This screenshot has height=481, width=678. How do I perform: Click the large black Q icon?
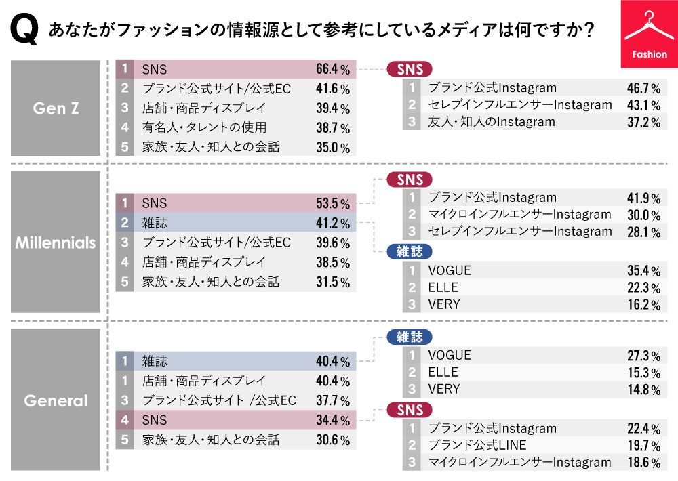point(23,30)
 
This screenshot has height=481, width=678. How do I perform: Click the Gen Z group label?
point(56,108)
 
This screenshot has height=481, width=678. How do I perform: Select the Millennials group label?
point(56,243)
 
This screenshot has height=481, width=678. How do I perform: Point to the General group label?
point(56,400)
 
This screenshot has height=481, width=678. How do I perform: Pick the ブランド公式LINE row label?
point(477,445)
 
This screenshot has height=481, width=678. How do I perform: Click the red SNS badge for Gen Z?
point(410,69)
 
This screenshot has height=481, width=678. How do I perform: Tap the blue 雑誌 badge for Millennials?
point(410,251)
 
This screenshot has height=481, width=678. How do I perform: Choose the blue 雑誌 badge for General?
point(410,337)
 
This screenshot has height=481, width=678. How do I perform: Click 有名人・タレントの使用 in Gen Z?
point(204,127)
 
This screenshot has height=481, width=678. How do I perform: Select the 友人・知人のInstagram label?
point(492,122)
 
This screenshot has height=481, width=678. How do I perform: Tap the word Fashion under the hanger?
point(650,54)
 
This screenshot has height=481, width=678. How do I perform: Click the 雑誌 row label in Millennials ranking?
point(155,223)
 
